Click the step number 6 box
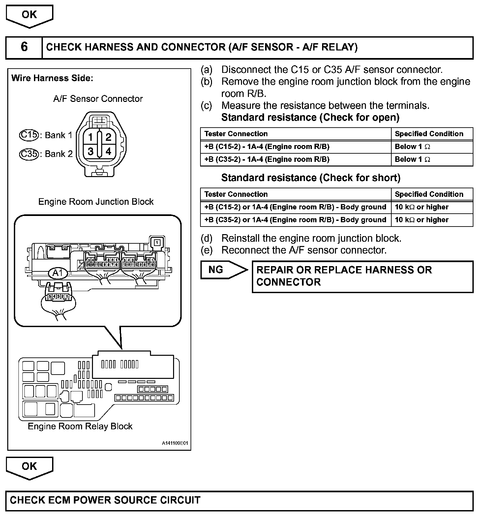tap(24, 47)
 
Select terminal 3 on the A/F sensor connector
tap(90, 152)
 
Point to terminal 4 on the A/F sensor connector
tap(108, 152)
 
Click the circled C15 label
tap(29, 135)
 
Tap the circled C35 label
tap(29, 154)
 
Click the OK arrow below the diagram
tap(29, 467)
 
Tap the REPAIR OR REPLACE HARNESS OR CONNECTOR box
tap(362, 276)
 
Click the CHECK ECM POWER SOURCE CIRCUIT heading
tap(105, 500)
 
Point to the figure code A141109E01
tap(175, 443)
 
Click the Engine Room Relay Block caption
tap(80, 426)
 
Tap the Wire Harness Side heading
tap(52, 78)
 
